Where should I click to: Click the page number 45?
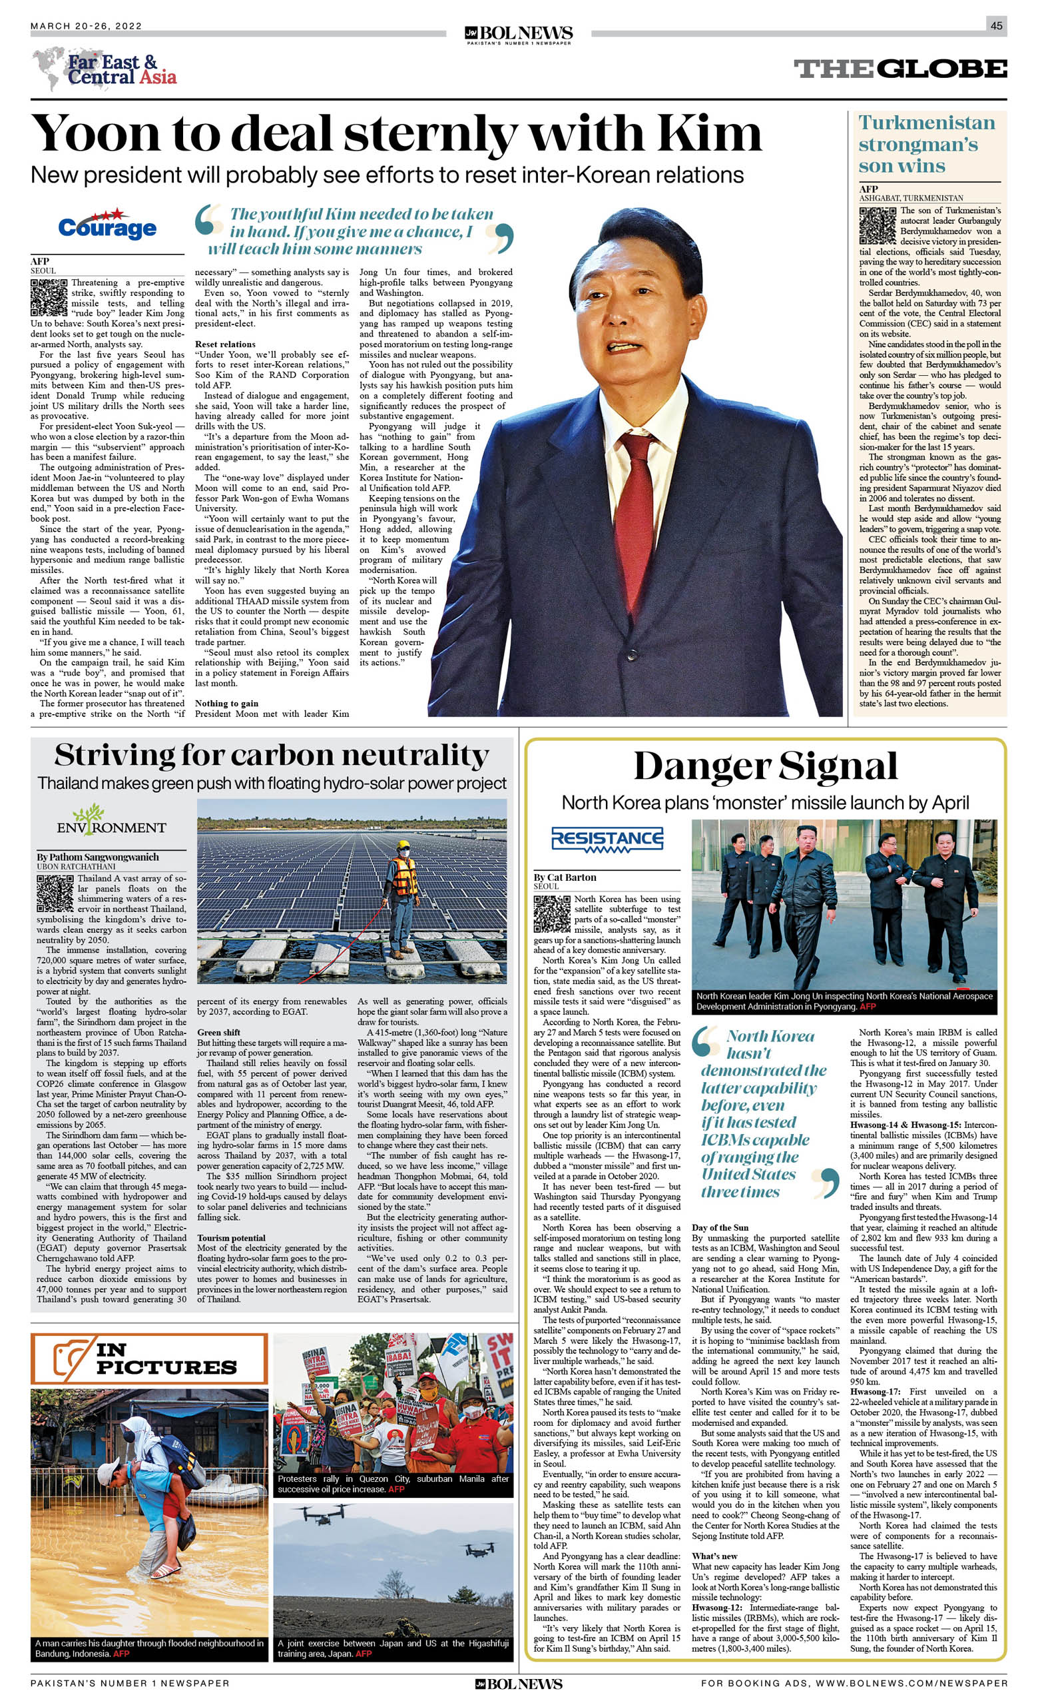coord(996,25)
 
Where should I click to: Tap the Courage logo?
coord(107,226)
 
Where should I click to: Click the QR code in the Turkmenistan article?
coord(877,225)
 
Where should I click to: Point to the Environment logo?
coord(111,821)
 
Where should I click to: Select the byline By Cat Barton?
coord(565,877)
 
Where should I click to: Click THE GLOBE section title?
coord(900,69)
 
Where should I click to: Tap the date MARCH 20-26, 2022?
coord(86,26)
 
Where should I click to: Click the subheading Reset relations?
coord(225,344)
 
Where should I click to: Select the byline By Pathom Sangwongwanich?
coord(97,857)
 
